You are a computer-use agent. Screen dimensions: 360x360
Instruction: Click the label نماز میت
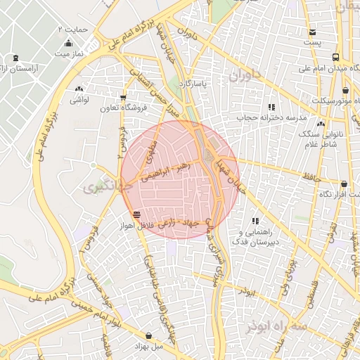(x=70, y=53)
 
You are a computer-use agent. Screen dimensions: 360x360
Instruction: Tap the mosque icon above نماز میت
(x=68, y=43)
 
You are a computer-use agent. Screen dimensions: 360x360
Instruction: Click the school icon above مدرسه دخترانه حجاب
(x=271, y=107)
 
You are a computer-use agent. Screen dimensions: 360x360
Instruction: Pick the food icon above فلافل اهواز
(x=136, y=214)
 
